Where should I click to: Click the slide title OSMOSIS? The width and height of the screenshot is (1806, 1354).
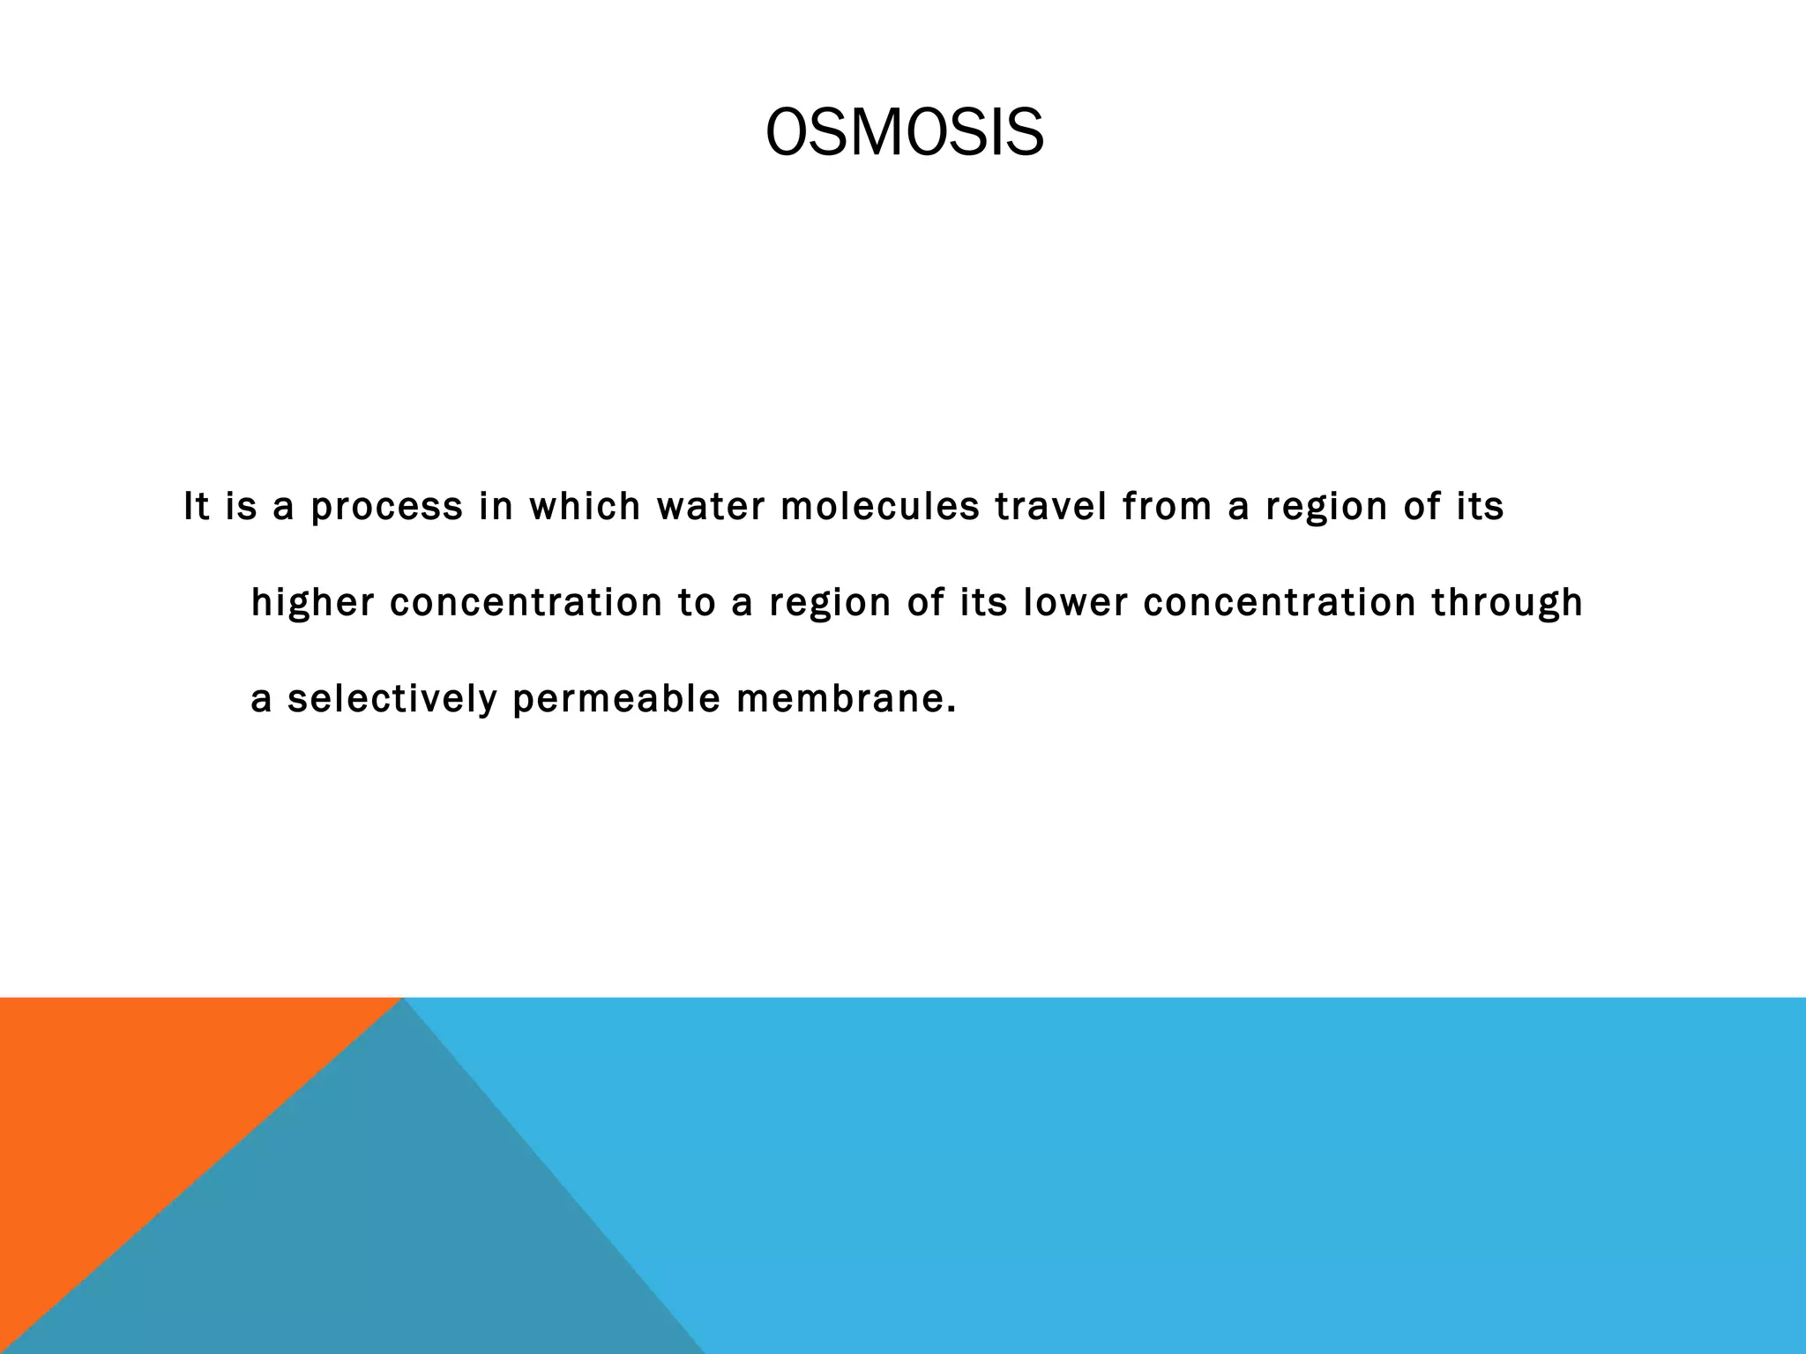coord(904,134)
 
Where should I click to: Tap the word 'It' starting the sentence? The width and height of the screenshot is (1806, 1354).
coord(197,507)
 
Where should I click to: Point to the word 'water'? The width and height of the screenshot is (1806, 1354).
coord(710,507)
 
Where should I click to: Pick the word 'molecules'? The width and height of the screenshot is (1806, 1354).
coord(879,507)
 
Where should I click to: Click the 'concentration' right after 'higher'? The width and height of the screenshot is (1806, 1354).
coord(526,603)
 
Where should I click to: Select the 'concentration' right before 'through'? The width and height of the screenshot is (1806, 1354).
coord(1279,603)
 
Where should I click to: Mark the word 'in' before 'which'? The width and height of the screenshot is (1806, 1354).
coord(496,507)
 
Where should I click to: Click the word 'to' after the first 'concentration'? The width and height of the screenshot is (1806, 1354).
coord(697,603)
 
